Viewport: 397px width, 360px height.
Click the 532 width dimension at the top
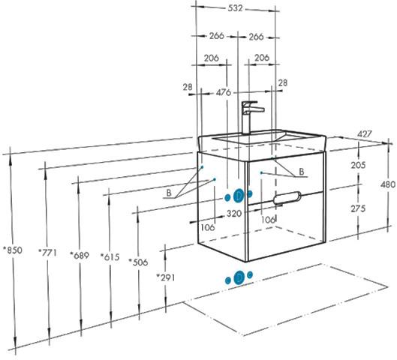235,8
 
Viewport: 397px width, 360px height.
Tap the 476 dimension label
224,92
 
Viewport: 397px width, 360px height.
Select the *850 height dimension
13,250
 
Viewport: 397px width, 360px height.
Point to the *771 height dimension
47,253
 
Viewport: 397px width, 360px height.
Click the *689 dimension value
80,255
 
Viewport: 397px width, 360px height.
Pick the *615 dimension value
110,257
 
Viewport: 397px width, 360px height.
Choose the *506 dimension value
138,262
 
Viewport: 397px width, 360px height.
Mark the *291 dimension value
165,277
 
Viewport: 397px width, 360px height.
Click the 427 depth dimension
365,133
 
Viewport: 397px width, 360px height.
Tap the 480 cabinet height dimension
388,184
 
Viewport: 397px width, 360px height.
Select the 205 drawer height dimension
358,165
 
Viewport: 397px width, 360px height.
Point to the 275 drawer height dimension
358,208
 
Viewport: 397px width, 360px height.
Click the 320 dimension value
234,214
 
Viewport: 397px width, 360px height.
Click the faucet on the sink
251,117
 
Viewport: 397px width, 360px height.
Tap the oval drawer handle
287,197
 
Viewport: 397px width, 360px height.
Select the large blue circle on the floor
239,277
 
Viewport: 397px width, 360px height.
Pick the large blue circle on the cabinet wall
238,196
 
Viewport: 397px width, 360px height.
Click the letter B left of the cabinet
169,193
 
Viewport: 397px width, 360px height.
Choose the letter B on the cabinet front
302,172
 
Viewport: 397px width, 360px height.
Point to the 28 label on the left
188,87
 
